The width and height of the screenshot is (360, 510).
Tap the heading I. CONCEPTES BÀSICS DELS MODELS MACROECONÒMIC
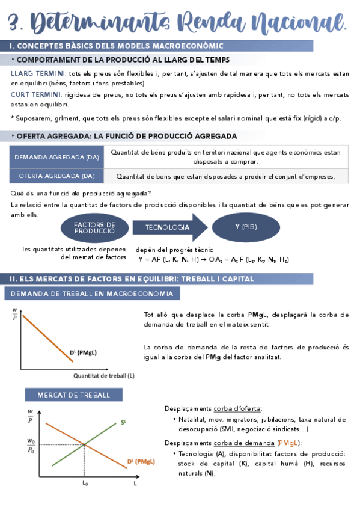point(117,46)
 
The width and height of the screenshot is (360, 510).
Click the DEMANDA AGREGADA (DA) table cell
point(57,156)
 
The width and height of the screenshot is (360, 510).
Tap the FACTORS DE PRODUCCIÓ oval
point(94,227)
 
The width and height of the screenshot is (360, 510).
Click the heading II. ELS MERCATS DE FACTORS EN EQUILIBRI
point(132,279)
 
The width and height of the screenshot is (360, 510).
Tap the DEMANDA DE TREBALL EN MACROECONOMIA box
point(92,294)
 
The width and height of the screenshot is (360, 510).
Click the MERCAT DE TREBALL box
point(74,395)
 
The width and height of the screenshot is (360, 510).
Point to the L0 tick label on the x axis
point(85,483)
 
